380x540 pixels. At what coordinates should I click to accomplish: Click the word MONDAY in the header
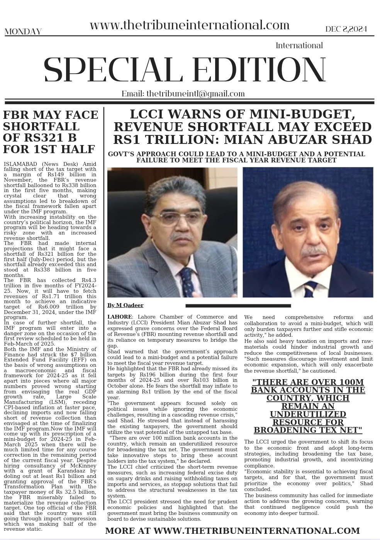23,32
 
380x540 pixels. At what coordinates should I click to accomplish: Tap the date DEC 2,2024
346,29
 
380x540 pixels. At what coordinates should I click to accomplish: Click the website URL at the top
189,25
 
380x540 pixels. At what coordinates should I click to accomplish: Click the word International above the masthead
299,46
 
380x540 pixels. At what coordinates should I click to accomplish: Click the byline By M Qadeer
125,305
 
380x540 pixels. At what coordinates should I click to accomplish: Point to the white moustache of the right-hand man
315,251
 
